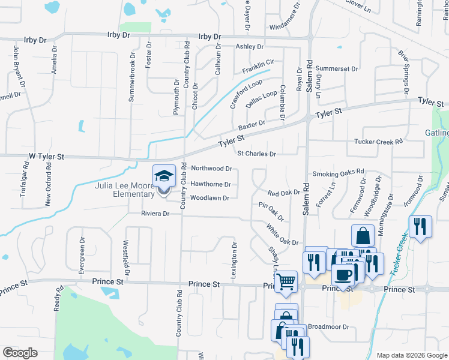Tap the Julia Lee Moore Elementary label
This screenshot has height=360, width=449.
coord(125,190)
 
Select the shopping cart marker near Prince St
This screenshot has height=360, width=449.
coord(286,280)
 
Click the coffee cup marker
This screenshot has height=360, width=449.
coord(343,275)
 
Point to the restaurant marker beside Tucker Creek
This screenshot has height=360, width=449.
coord(420,226)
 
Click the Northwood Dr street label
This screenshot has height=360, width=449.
coord(211,169)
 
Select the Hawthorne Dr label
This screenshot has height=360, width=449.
coord(211,184)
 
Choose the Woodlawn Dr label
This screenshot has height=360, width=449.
coord(209,198)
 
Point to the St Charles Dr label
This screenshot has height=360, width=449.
coord(256,154)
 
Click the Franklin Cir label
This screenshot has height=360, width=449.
coord(258,66)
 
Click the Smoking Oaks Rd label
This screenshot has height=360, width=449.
coord(338,173)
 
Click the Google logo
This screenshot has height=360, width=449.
coord(19,353)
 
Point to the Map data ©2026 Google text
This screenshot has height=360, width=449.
coord(411,355)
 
